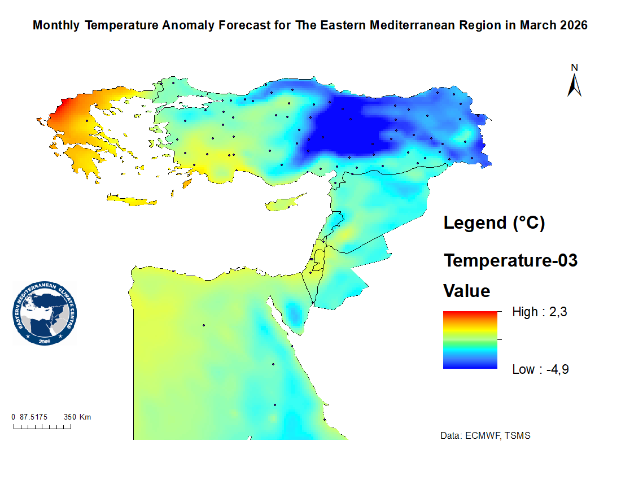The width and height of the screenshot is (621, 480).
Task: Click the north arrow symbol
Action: coord(574,82)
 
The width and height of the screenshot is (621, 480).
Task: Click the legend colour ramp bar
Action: coord(470,340)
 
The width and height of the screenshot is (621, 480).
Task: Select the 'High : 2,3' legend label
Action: coord(535,312)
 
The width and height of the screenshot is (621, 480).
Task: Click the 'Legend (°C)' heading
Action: coord(494,223)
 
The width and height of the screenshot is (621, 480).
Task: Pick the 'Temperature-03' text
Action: coord(510,261)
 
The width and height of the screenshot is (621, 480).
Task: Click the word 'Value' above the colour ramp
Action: coord(466,291)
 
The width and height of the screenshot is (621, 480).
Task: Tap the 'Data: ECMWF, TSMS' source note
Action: coord(485,436)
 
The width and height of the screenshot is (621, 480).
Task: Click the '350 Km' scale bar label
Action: coord(77,417)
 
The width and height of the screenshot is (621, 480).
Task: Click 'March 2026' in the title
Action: coord(553,25)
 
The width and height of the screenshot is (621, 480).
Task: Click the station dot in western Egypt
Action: coord(203,325)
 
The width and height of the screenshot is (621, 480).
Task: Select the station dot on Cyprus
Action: coord(288,207)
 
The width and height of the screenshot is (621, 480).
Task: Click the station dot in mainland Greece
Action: coord(87,120)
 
